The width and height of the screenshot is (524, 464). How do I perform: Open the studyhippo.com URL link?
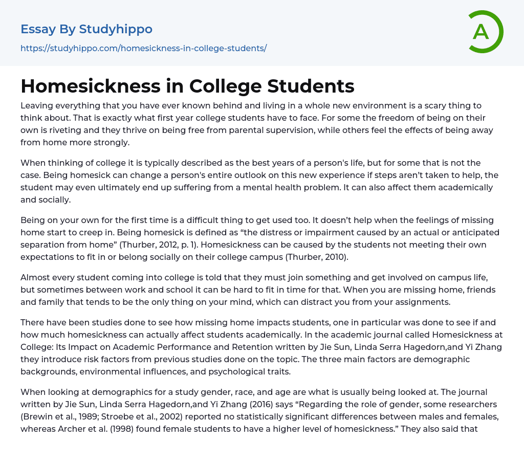[143, 49]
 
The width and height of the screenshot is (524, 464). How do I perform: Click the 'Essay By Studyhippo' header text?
[86, 29]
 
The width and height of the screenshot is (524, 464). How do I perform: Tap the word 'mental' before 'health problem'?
[325, 187]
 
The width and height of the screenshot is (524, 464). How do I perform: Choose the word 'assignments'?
[423, 302]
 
